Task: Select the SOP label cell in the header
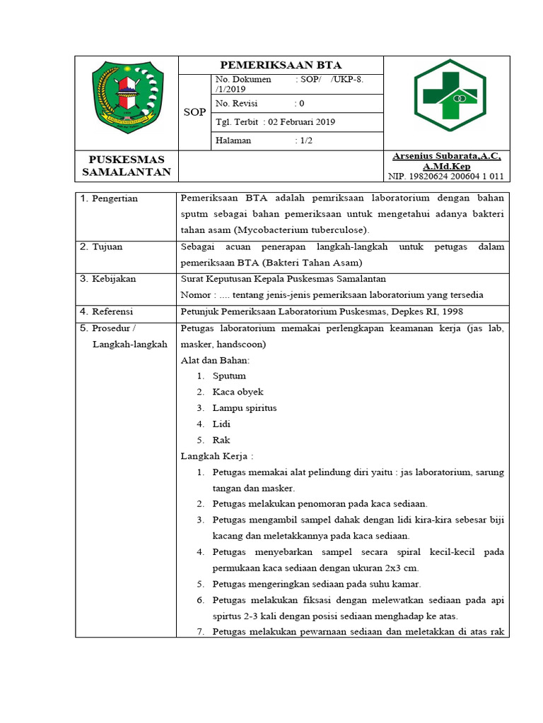[194, 112]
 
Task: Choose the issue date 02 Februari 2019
[275, 122]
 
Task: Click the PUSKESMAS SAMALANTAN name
[127, 166]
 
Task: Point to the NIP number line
[446, 177]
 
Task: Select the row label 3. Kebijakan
[113, 279]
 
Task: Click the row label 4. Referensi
[112, 311]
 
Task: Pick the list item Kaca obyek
[238, 392]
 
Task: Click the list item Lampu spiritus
[244, 408]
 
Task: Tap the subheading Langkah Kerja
[217, 456]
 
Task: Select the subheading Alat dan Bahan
[215, 360]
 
